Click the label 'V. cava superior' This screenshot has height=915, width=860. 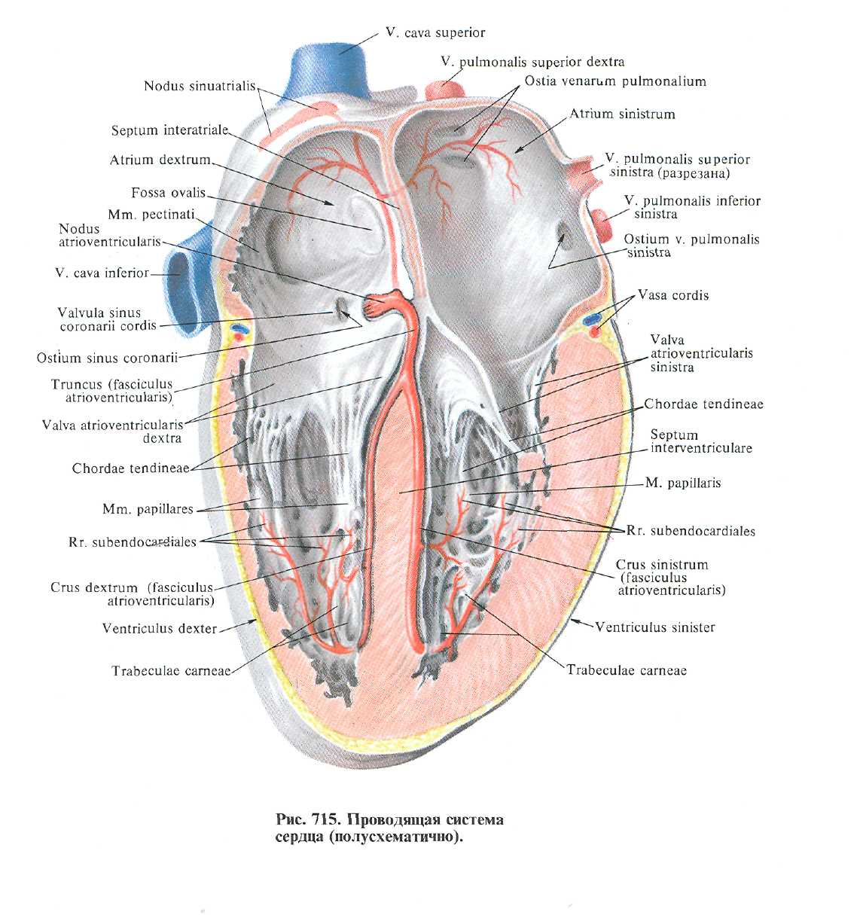click(435, 33)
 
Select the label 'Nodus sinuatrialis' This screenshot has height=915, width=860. click(200, 87)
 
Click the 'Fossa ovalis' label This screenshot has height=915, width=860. click(168, 193)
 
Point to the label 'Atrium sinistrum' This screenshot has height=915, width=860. click(622, 114)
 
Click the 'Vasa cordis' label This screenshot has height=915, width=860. click(673, 295)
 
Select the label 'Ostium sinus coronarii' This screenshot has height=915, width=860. click(107, 358)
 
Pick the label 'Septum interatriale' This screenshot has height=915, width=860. click(169, 131)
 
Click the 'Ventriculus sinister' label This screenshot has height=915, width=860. click(654, 627)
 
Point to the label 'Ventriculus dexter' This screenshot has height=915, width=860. click(160, 628)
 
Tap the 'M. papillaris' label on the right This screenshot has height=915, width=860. click(683, 483)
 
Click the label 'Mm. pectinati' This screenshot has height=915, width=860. click(151, 215)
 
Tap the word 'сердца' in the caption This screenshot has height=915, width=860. click(299, 837)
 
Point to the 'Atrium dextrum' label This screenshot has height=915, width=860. click(160, 160)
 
